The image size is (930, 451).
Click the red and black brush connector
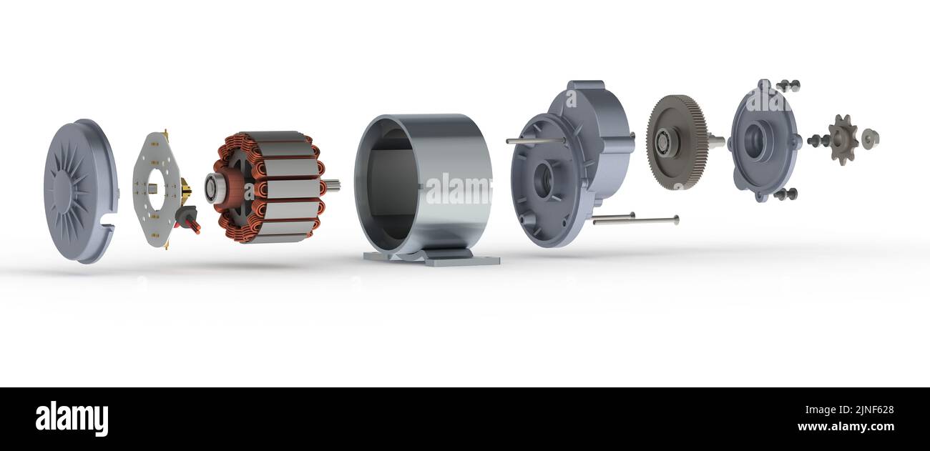tap(188, 217)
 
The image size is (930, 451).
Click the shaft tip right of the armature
tap(333, 185)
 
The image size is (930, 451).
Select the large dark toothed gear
tap(677, 142)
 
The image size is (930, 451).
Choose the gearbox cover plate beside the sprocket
tap(763, 140)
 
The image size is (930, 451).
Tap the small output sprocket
tap(843, 139)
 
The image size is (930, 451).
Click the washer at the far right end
tap(869, 139)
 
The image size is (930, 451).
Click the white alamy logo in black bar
tap(72, 419)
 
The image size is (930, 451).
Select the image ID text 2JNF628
tap(856, 410)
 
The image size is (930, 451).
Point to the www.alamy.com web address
tap(845, 427)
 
